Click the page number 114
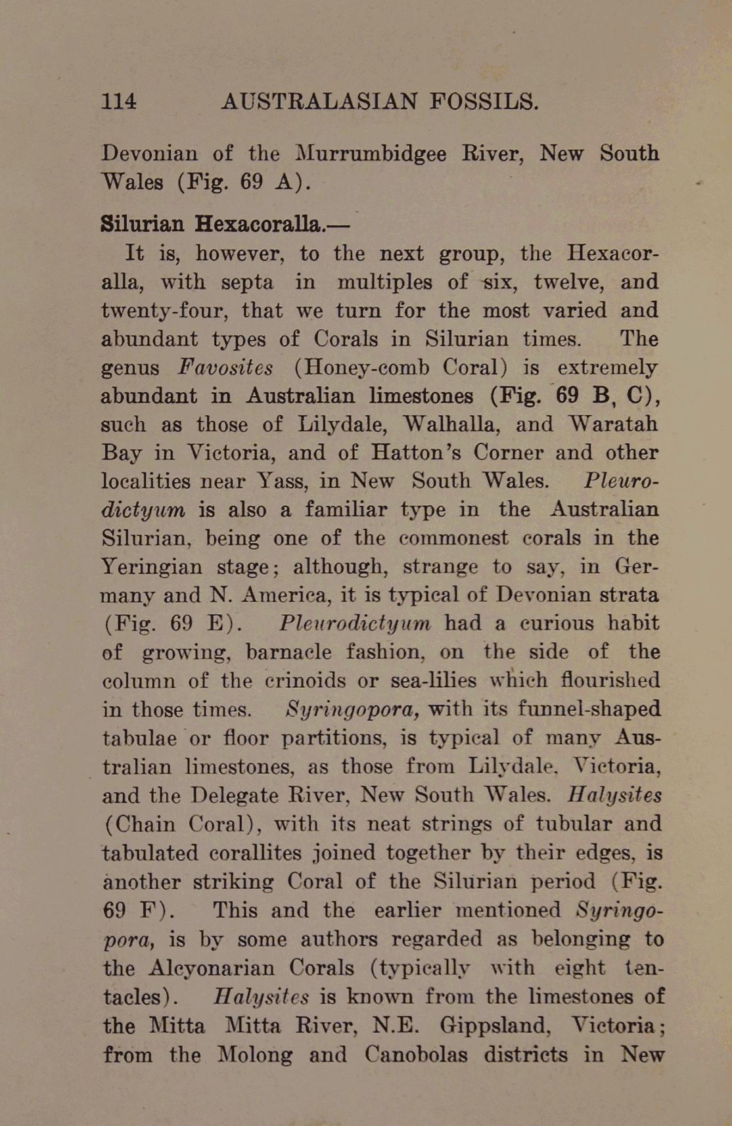point(119,101)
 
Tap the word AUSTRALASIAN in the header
point(319,101)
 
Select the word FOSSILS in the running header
point(484,101)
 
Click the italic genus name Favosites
point(225,367)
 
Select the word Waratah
point(612,424)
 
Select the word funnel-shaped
point(589,709)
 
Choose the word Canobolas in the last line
point(416,1054)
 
